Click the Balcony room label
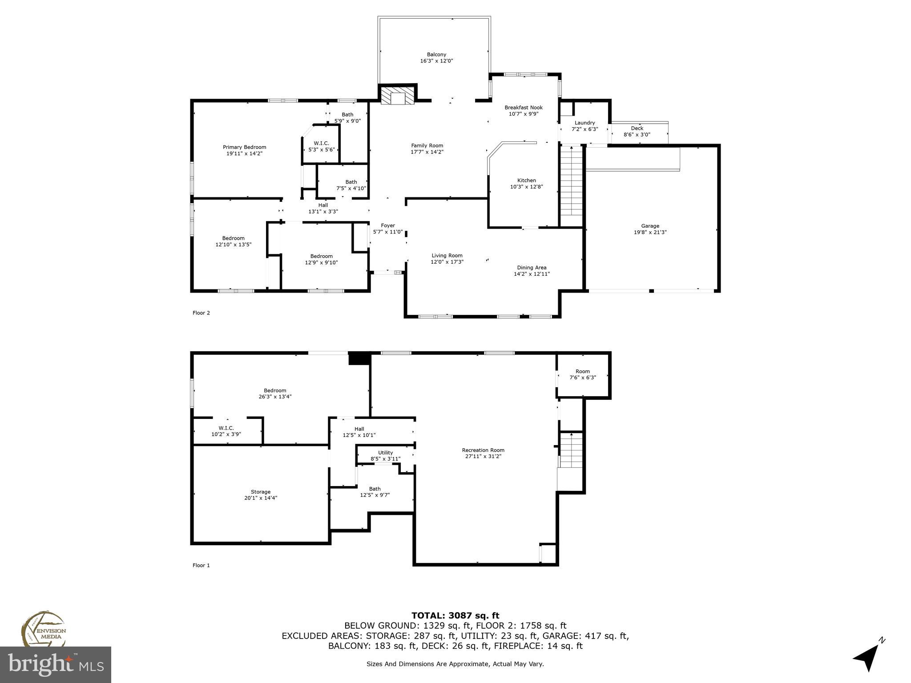[x=436, y=55]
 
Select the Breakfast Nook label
[x=524, y=108]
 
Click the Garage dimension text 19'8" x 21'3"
[x=650, y=232]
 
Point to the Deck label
[x=637, y=128]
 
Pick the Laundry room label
[x=584, y=123]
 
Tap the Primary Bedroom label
[x=244, y=147]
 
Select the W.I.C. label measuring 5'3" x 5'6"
[x=321, y=143]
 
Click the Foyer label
[x=387, y=225]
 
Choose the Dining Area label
[x=532, y=268]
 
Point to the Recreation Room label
[x=483, y=450]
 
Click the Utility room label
[x=385, y=453]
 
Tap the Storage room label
[x=260, y=492]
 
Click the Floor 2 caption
[x=201, y=313]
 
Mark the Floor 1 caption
[x=201, y=565]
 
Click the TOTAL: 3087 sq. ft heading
[x=455, y=615]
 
